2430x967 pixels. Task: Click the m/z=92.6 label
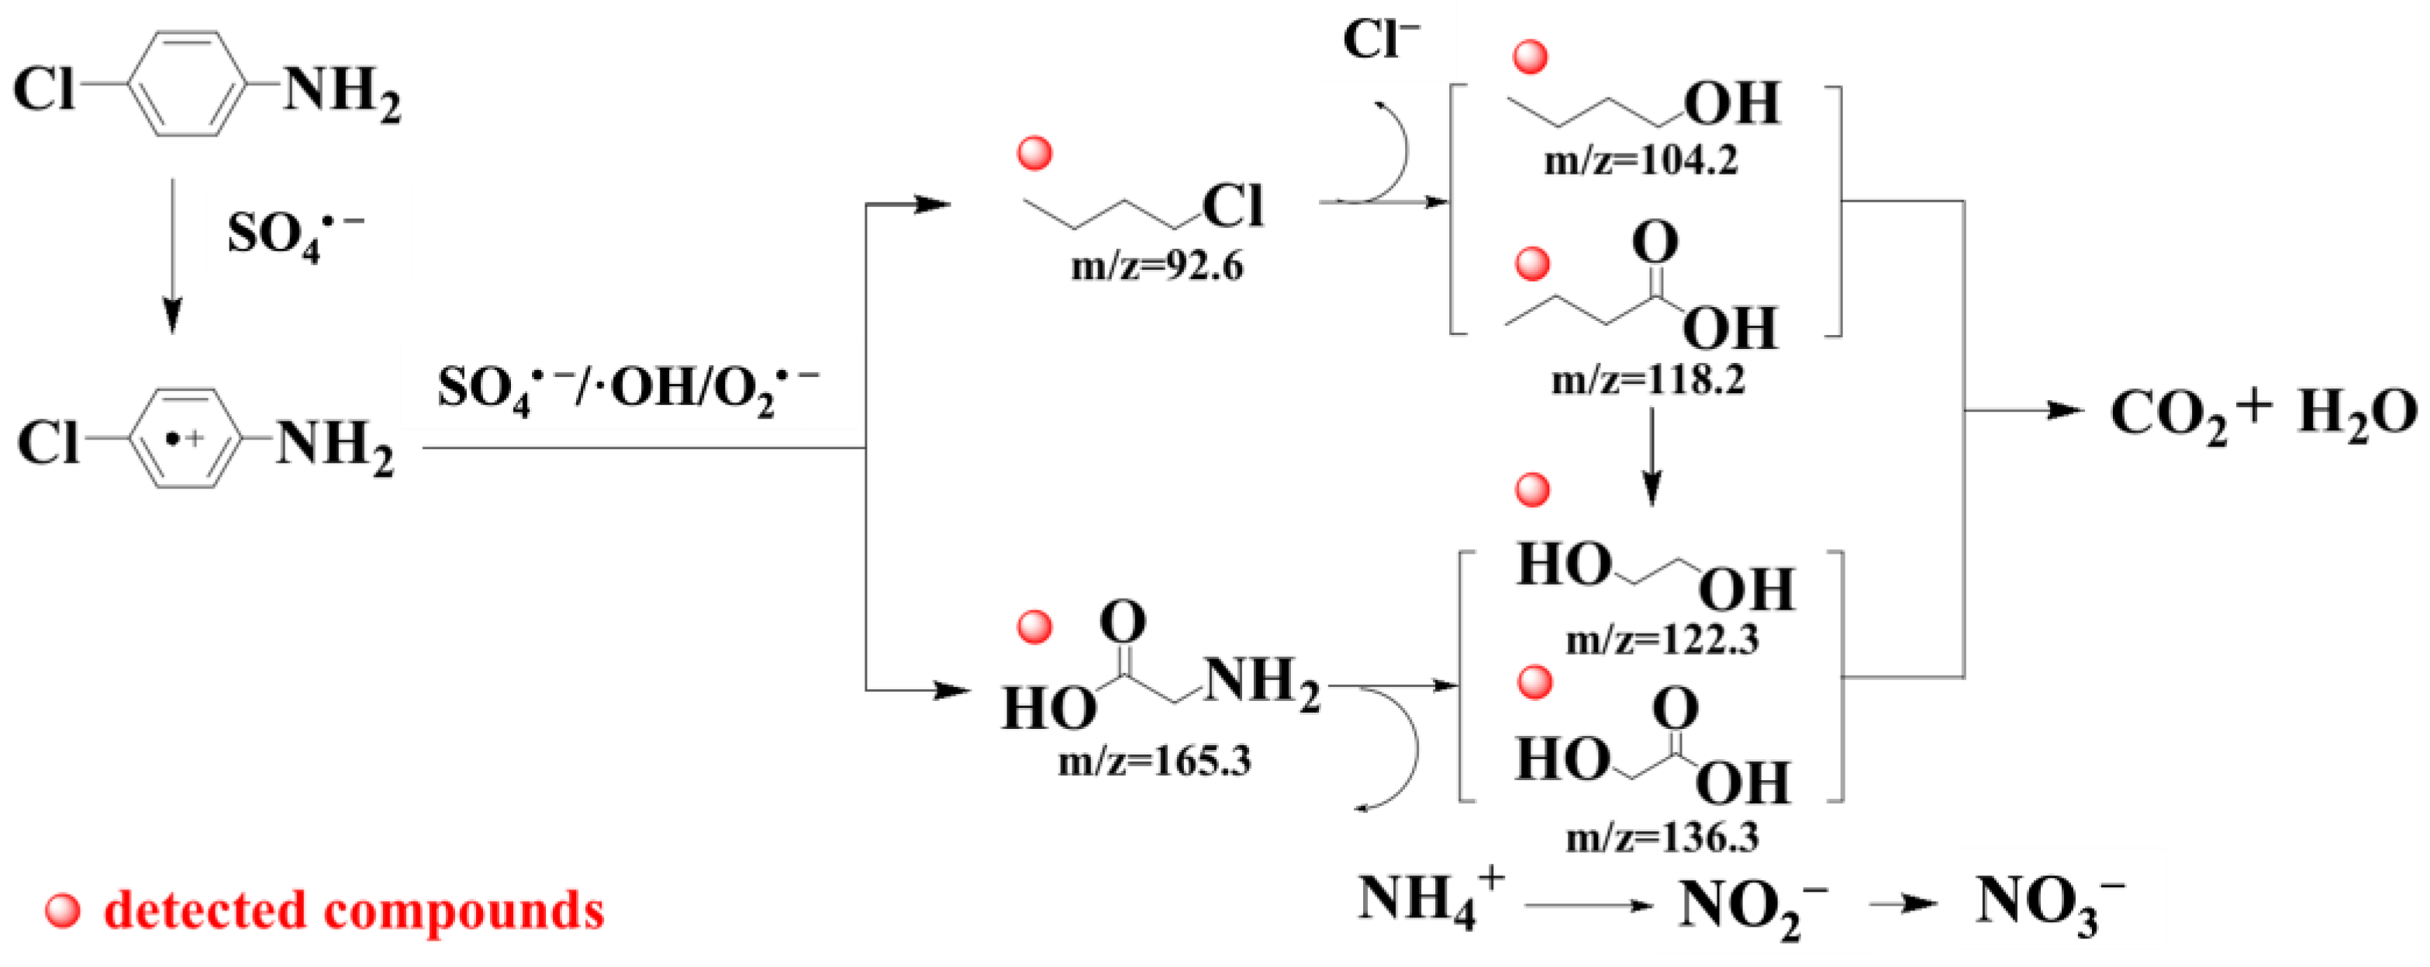pos(1157,267)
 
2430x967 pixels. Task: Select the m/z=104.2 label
pos(1641,161)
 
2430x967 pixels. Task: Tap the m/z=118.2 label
pos(1648,379)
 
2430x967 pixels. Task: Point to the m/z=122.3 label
pos(1662,641)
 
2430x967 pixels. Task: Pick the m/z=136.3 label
pos(1662,837)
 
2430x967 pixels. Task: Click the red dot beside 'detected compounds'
pos(64,911)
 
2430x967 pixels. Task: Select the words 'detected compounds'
pos(354,911)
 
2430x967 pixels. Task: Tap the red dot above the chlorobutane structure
pos(1035,153)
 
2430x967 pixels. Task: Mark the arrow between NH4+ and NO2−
pos(1589,907)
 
